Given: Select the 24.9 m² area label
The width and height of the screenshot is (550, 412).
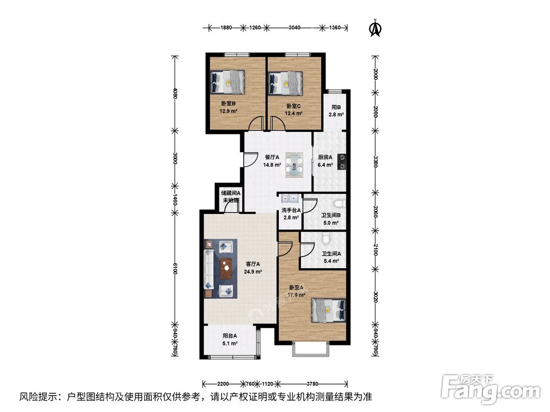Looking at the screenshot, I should tap(254, 271).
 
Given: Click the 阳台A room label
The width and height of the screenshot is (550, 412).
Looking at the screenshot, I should tap(230, 336).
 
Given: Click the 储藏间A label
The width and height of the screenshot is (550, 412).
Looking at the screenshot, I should tap(230, 193).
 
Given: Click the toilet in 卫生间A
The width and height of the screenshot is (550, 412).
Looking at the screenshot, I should tap(327, 238).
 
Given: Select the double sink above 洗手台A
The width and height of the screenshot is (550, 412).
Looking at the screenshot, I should tap(289, 199).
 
